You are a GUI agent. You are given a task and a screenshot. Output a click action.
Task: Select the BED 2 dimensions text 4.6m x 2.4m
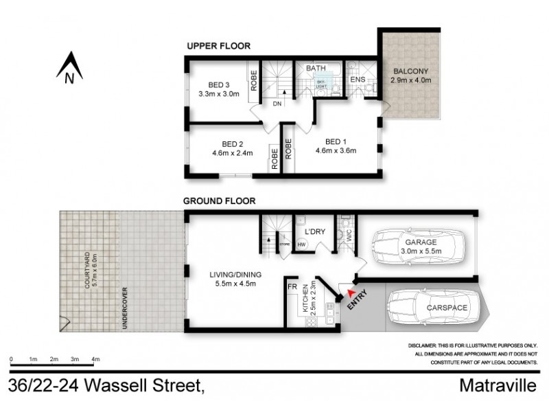click(x=231, y=153)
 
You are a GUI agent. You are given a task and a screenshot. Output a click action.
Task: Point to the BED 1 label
click(x=335, y=142)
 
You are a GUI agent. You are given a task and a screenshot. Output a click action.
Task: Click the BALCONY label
click(x=410, y=71)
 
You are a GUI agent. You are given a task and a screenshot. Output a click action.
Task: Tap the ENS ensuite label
click(x=358, y=80)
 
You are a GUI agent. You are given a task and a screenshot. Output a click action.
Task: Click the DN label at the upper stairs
click(x=277, y=104)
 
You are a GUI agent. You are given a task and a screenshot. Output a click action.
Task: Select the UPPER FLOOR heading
click(x=218, y=46)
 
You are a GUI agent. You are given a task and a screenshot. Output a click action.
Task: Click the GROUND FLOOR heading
click(x=219, y=201)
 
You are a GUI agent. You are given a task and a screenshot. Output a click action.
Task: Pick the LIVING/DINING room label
click(x=231, y=277)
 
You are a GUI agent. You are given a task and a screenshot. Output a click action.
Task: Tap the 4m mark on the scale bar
click(x=96, y=359)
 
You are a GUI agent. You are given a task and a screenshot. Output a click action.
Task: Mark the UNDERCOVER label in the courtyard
click(x=124, y=308)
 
